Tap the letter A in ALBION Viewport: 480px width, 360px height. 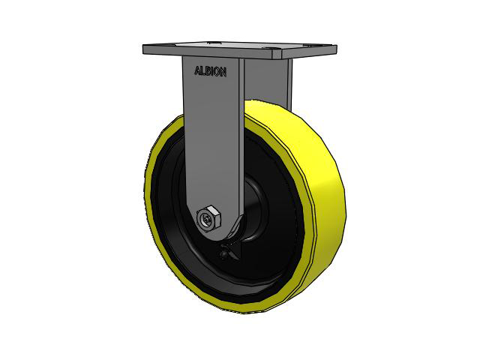(198, 73)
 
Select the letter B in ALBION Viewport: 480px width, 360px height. (208, 73)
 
